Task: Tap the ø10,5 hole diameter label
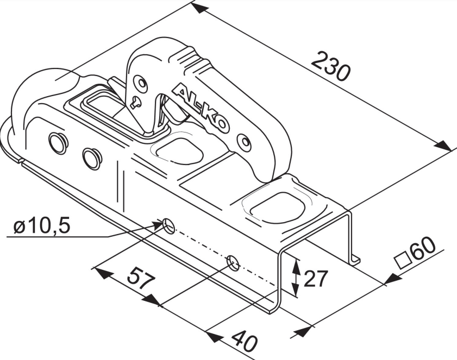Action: tap(42, 226)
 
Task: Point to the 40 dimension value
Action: tap(244, 343)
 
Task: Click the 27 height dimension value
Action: tap(316, 279)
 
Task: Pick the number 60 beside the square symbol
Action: tap(423, 250)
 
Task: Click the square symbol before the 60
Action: tap(402, 261)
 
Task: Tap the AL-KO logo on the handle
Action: tap(201, 109)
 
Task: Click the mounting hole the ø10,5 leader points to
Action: tap(169, 225)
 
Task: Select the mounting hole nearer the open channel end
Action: tap(233, 263)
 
